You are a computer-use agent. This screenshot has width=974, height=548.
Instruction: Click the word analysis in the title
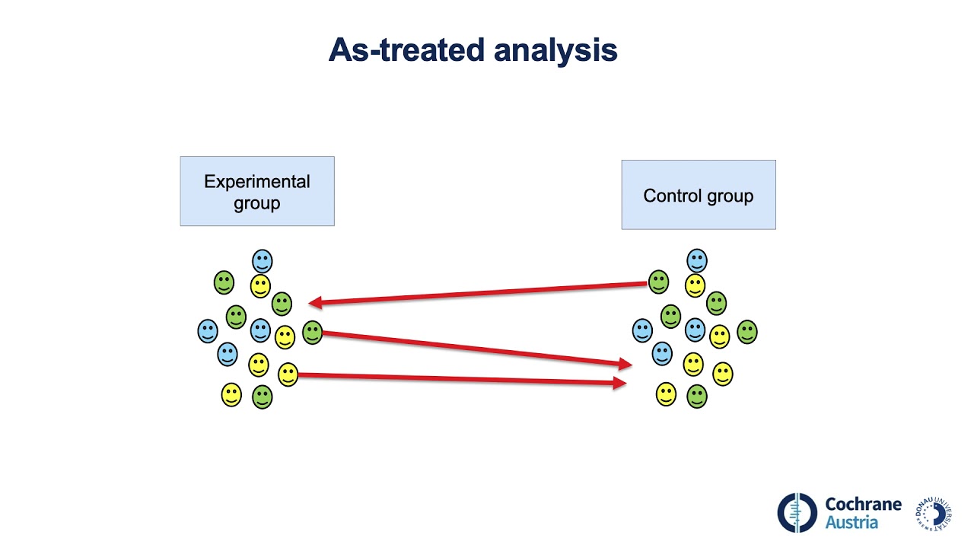pyautogui.click(x=555, y=51)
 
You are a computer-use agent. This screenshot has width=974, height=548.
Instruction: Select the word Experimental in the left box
pyautogui.click(x=257, y=182)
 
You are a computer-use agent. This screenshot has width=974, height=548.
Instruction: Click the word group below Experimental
pyautogui.click(x=257, y=204)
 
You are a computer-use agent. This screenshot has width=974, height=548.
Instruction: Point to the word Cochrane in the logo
pyautogui.click(x=863, y=504)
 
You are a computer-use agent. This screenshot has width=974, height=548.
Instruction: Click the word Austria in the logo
pyautogui.click(x=851, y=523)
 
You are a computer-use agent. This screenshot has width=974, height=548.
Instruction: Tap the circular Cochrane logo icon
pyautogui.click(x=797, y=512)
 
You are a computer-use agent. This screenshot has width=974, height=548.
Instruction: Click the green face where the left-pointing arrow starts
pyautogui.click(x=659, y=282)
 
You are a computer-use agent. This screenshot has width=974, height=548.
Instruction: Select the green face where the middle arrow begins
pyautogui.click(x=312, y=332)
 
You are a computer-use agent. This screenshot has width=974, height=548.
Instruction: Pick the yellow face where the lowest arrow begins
pyautogui.click(x=288, y=374)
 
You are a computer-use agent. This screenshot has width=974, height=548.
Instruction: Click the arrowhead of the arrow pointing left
pyautogui.click(x=314, y=303)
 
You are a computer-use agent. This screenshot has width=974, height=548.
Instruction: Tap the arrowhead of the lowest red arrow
pyautogui.click(x=620, y=384)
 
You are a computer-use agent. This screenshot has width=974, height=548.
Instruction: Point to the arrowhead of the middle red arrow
pyautogui.click(x=626, y=365)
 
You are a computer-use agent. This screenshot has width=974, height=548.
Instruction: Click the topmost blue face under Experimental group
pyautogui.click(x=263, y=261)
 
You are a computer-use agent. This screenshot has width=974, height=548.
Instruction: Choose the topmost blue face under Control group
pyautogui.click(x=697, y=261)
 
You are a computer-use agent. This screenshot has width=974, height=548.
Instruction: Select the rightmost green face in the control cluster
pyautogui.click(x=747, y=332)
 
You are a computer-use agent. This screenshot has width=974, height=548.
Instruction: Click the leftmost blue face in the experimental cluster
pyautogui.click(x=208, y=331)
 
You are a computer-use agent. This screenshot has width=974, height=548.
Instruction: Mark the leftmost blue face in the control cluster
pyautogui.click(x=642, y=330)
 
